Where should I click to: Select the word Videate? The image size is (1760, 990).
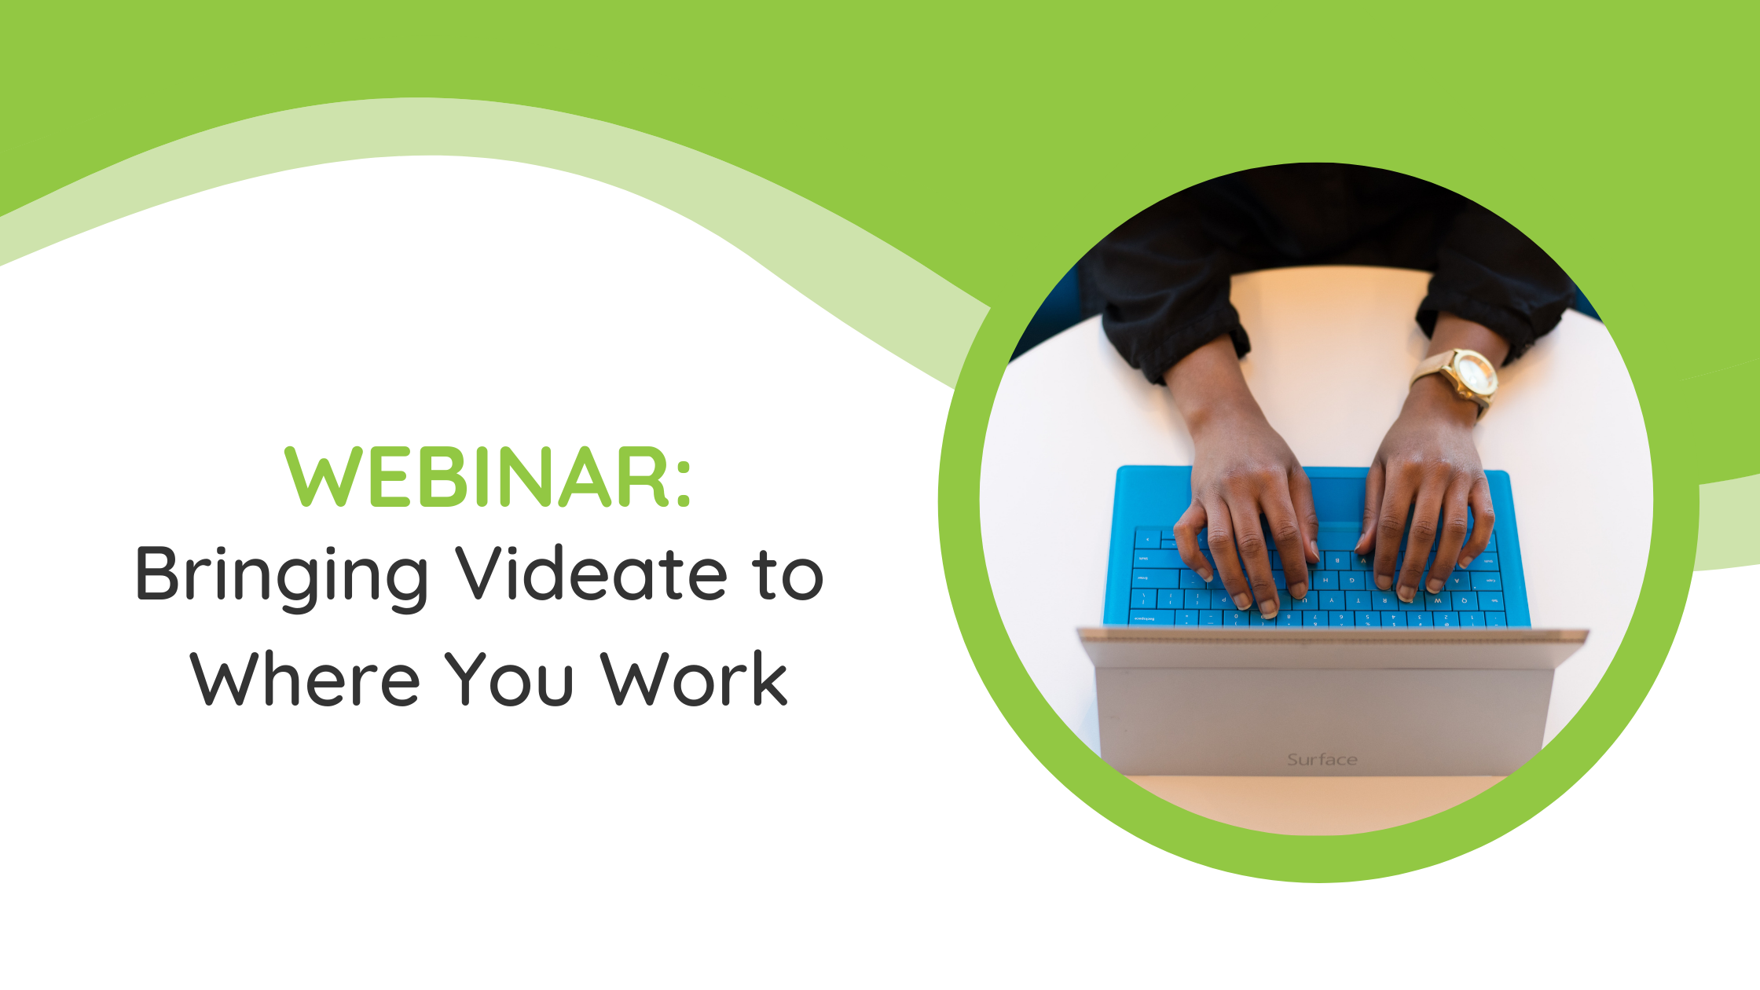[592, 573]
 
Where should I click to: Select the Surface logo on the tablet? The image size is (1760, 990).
[1322, 760]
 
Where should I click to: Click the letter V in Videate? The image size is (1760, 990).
[486, 573]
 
